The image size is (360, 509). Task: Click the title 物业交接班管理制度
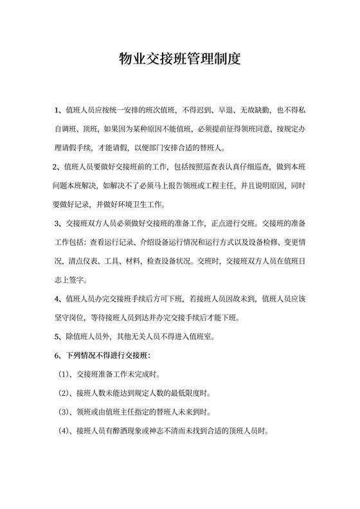point(180,60)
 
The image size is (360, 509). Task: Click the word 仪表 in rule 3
point(96,261)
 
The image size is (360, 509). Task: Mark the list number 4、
point(59,299)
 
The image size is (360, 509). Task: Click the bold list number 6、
point(59,355)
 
